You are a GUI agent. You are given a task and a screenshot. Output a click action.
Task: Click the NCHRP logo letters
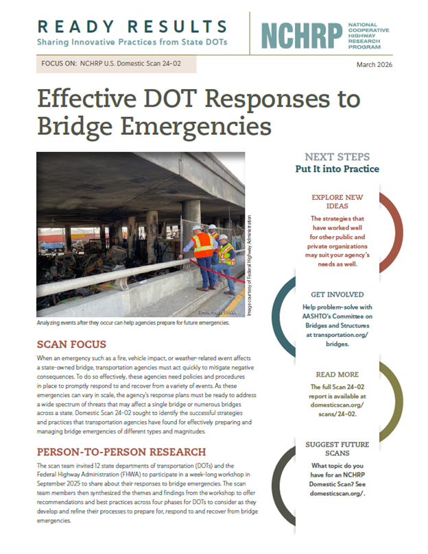coord(300,36)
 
